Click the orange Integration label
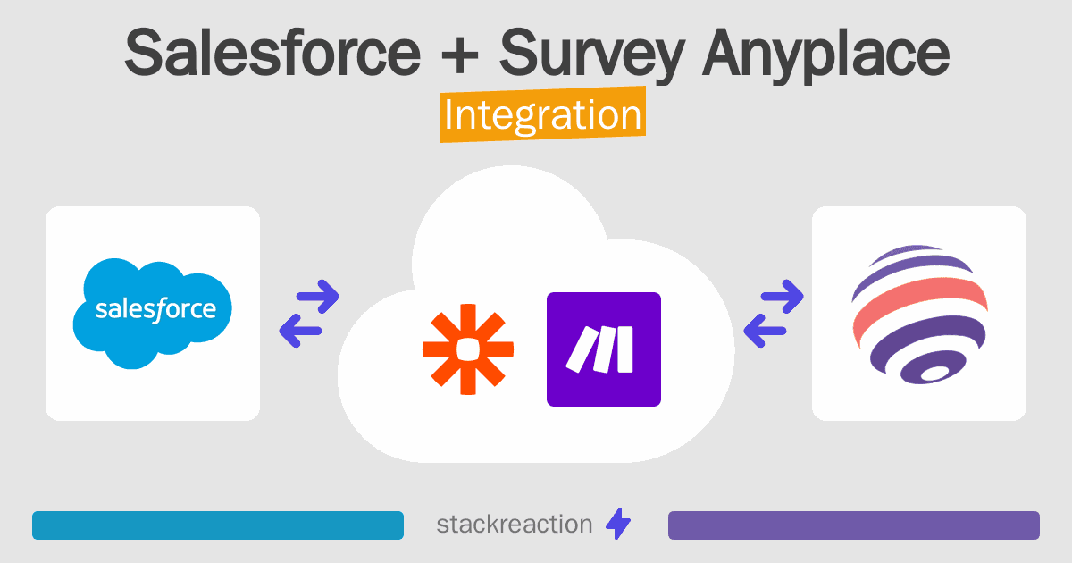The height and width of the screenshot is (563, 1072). [542, 115]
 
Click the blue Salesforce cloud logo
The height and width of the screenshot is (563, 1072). [153, 312]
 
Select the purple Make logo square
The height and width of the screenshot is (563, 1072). [604, 349]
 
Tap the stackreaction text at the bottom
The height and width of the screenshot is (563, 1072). [514, 525]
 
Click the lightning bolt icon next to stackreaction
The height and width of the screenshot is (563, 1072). [618, 525]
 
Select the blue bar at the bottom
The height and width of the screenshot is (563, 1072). [218, 525]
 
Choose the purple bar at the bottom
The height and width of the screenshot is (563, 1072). [853, 525]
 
